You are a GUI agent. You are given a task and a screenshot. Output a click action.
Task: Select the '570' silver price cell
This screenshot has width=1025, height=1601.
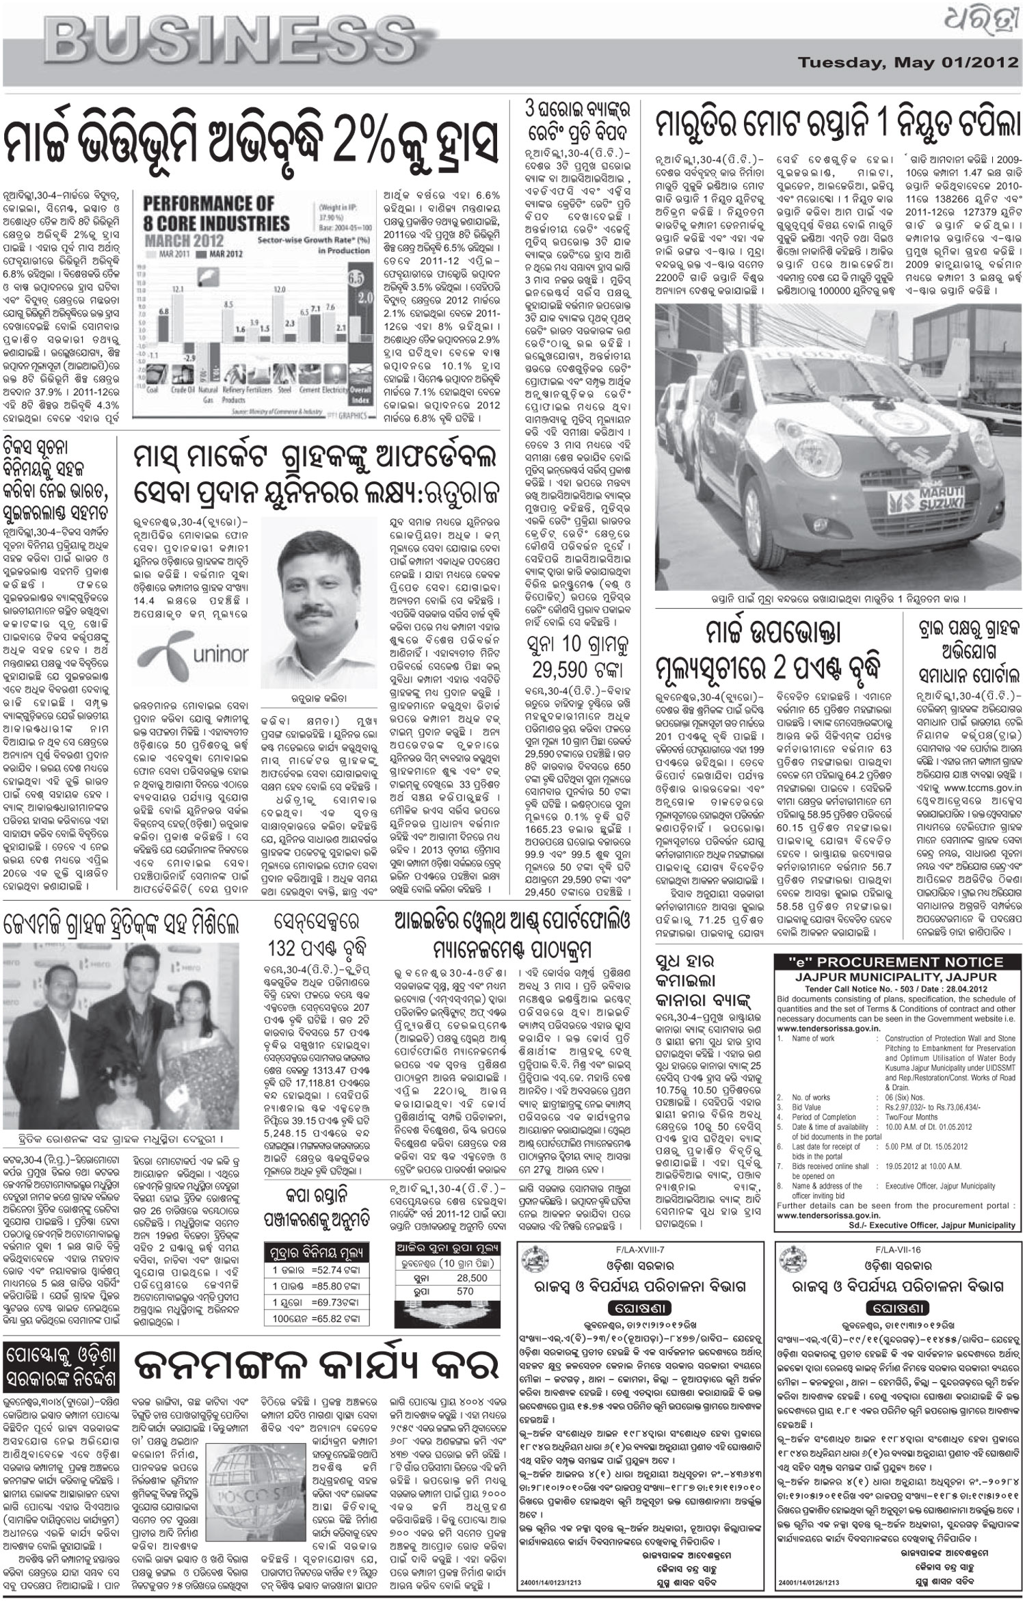pyautogui.click(x=466, y=1292)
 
